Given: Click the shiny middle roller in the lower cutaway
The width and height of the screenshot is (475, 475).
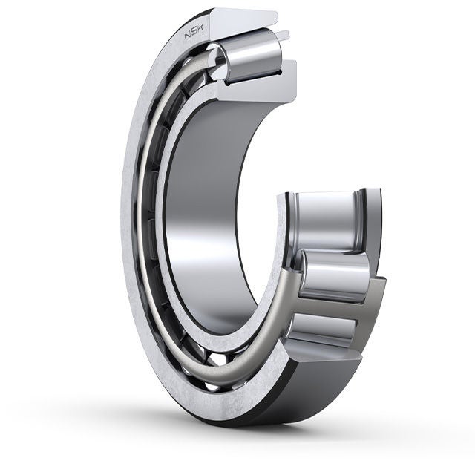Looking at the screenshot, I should [334, 275].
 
